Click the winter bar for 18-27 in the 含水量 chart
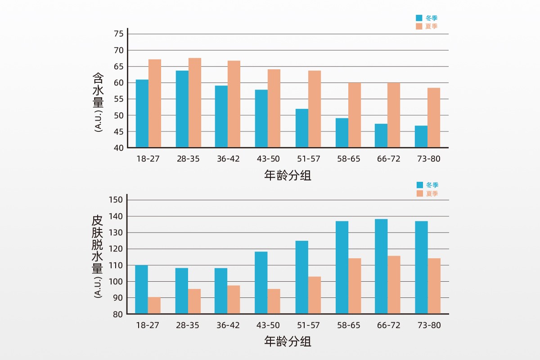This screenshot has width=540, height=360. click(142, 113)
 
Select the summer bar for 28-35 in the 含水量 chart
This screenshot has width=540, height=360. click(195, 103)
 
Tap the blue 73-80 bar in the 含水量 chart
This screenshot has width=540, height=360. click(421, 136)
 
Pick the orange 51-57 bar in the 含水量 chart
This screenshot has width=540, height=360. click(315, 109)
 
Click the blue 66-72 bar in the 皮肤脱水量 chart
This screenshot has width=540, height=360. click(381, 266)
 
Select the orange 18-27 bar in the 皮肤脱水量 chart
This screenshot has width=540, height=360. click(154, 306)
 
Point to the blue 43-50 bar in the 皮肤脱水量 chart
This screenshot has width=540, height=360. click(261, 283)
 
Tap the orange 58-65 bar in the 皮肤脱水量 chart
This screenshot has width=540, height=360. click(355, 286)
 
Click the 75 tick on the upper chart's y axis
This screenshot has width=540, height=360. click(119, 34)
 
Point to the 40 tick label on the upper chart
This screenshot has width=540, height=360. click(119, 148)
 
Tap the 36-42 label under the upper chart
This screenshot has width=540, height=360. click(228, 159)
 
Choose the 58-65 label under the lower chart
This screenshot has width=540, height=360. click(348, 325)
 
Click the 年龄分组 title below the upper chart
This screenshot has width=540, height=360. click(288, 175)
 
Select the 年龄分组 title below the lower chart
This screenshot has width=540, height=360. click(288, 342)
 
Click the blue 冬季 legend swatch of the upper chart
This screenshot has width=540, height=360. click(419, 18)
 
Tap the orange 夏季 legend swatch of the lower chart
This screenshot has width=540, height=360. click(420, 193)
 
